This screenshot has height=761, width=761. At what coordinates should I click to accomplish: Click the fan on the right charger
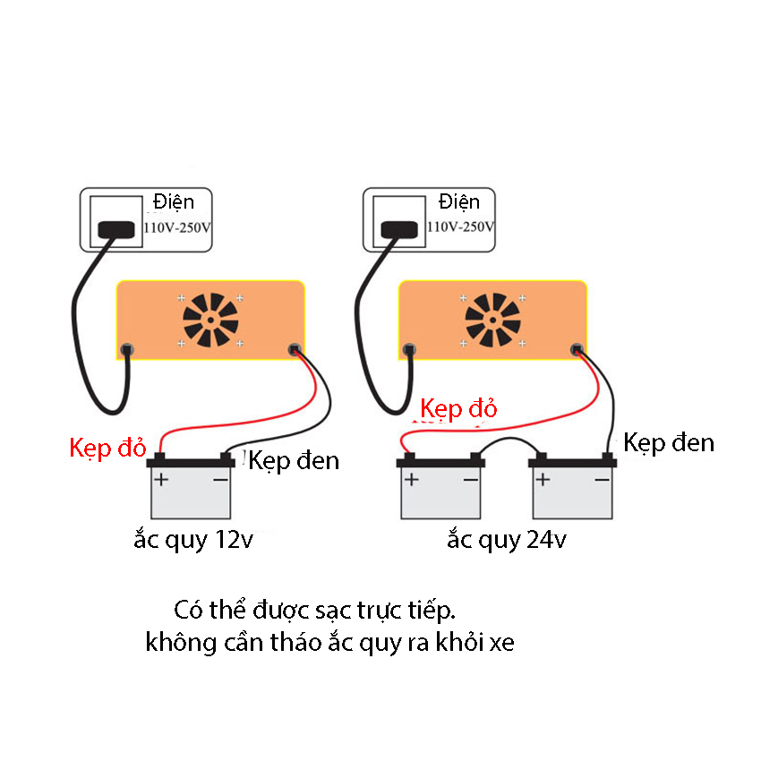492,320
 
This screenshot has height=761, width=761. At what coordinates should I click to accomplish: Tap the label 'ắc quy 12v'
194,541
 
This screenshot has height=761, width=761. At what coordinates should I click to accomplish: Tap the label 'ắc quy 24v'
507,541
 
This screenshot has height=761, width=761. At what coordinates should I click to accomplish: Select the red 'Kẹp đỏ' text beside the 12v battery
107,448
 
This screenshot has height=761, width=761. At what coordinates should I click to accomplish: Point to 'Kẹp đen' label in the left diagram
295,461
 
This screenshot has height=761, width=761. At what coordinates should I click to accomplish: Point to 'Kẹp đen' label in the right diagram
669,442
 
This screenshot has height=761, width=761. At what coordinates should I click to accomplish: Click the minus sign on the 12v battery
220,480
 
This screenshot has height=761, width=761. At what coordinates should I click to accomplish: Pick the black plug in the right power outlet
400,230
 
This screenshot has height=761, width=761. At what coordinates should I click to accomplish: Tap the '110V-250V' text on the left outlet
178,227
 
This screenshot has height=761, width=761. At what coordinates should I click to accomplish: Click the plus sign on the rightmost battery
543,480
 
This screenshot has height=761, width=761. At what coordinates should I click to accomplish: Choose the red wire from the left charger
260,412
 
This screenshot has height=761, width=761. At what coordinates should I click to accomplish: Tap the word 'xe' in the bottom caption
502,643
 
